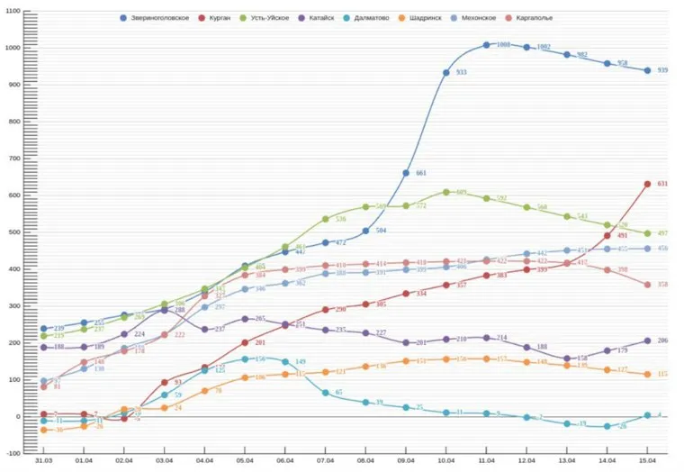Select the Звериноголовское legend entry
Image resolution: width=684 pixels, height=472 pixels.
[x=156, y=17]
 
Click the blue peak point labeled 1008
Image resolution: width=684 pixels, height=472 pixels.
[x=486, y=45]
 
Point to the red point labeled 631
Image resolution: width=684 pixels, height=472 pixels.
[x=646, y=184]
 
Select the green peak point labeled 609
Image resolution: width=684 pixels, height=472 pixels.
[x=445, y=192]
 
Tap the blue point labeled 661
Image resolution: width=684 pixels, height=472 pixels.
[x=406, y=173]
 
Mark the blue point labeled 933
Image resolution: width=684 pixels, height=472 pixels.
[x=445, y=73]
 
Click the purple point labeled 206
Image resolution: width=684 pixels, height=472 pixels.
[x=646, y=340]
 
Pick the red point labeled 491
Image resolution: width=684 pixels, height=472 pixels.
[x=607, y=236]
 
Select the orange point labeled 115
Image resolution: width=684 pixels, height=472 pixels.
[x=646, y=374]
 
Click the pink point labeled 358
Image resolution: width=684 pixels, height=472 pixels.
[x=646, y=285]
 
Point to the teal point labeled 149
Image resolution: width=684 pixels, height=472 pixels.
[x=285, y=362]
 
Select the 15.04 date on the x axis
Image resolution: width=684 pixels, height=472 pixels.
[x=646, y=459]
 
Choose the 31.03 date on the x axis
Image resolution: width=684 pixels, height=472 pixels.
[x=43, y=459]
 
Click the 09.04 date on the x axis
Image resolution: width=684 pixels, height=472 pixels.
[x=406, y=459]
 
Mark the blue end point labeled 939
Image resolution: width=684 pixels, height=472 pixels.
[x=646, y=70]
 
